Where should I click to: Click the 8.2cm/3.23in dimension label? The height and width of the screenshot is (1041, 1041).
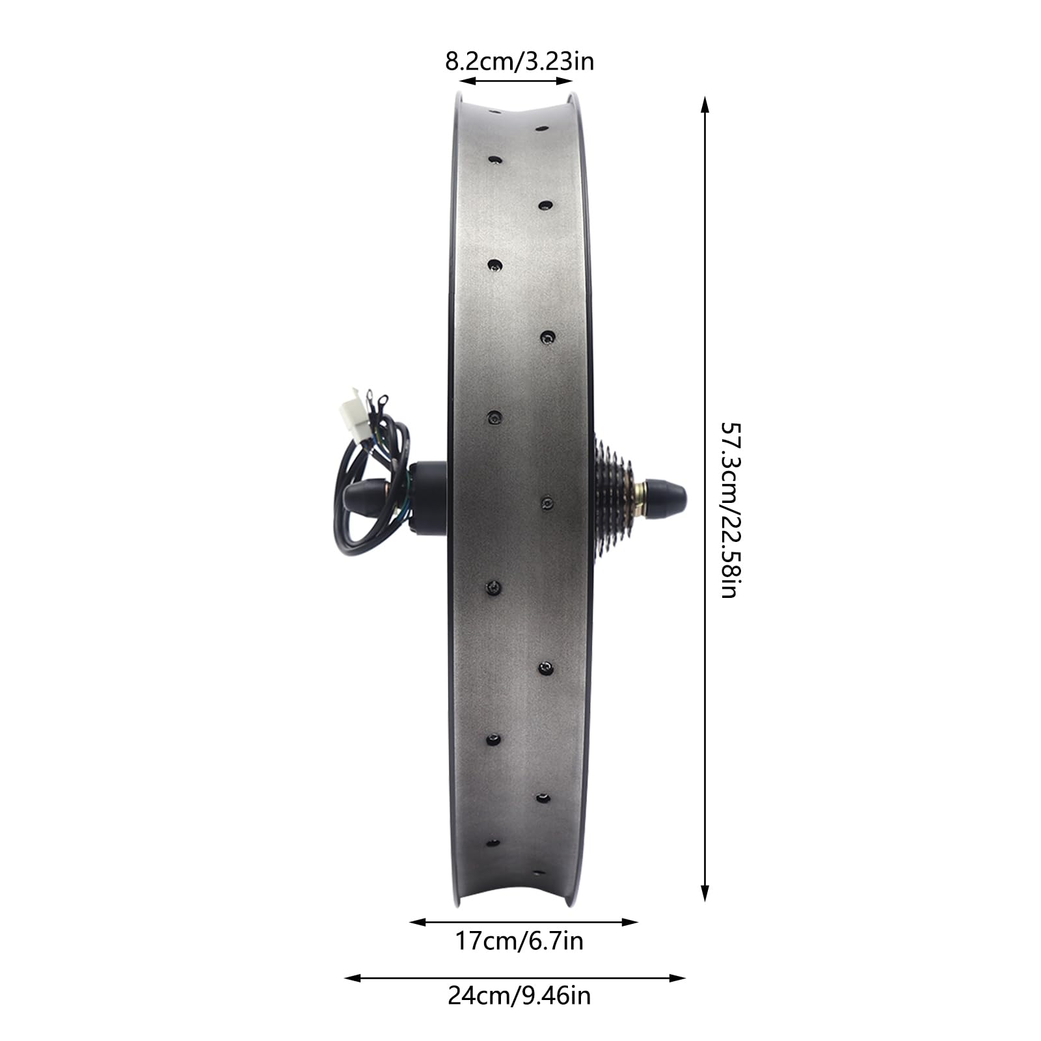pyautogui.click(x=519, y=62)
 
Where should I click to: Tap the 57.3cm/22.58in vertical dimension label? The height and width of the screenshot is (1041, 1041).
pyautogui.click(x=729, y=511)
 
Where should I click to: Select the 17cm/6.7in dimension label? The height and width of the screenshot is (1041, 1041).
pyautogui.click(x=519, y=941)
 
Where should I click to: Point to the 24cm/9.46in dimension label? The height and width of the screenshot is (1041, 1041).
pyautogui.click(x=519, y=996)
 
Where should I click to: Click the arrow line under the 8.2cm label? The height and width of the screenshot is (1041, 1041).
pyautogui.click(x=515, y=81)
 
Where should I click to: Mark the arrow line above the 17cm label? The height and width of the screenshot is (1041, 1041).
pyautogui.click(x=524, y=922)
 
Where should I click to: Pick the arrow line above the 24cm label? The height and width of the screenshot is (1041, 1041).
pyautogui.click(x=515, y=978)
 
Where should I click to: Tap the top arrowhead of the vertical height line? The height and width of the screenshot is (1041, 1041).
pyautogui.click(x=704, y=105)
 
